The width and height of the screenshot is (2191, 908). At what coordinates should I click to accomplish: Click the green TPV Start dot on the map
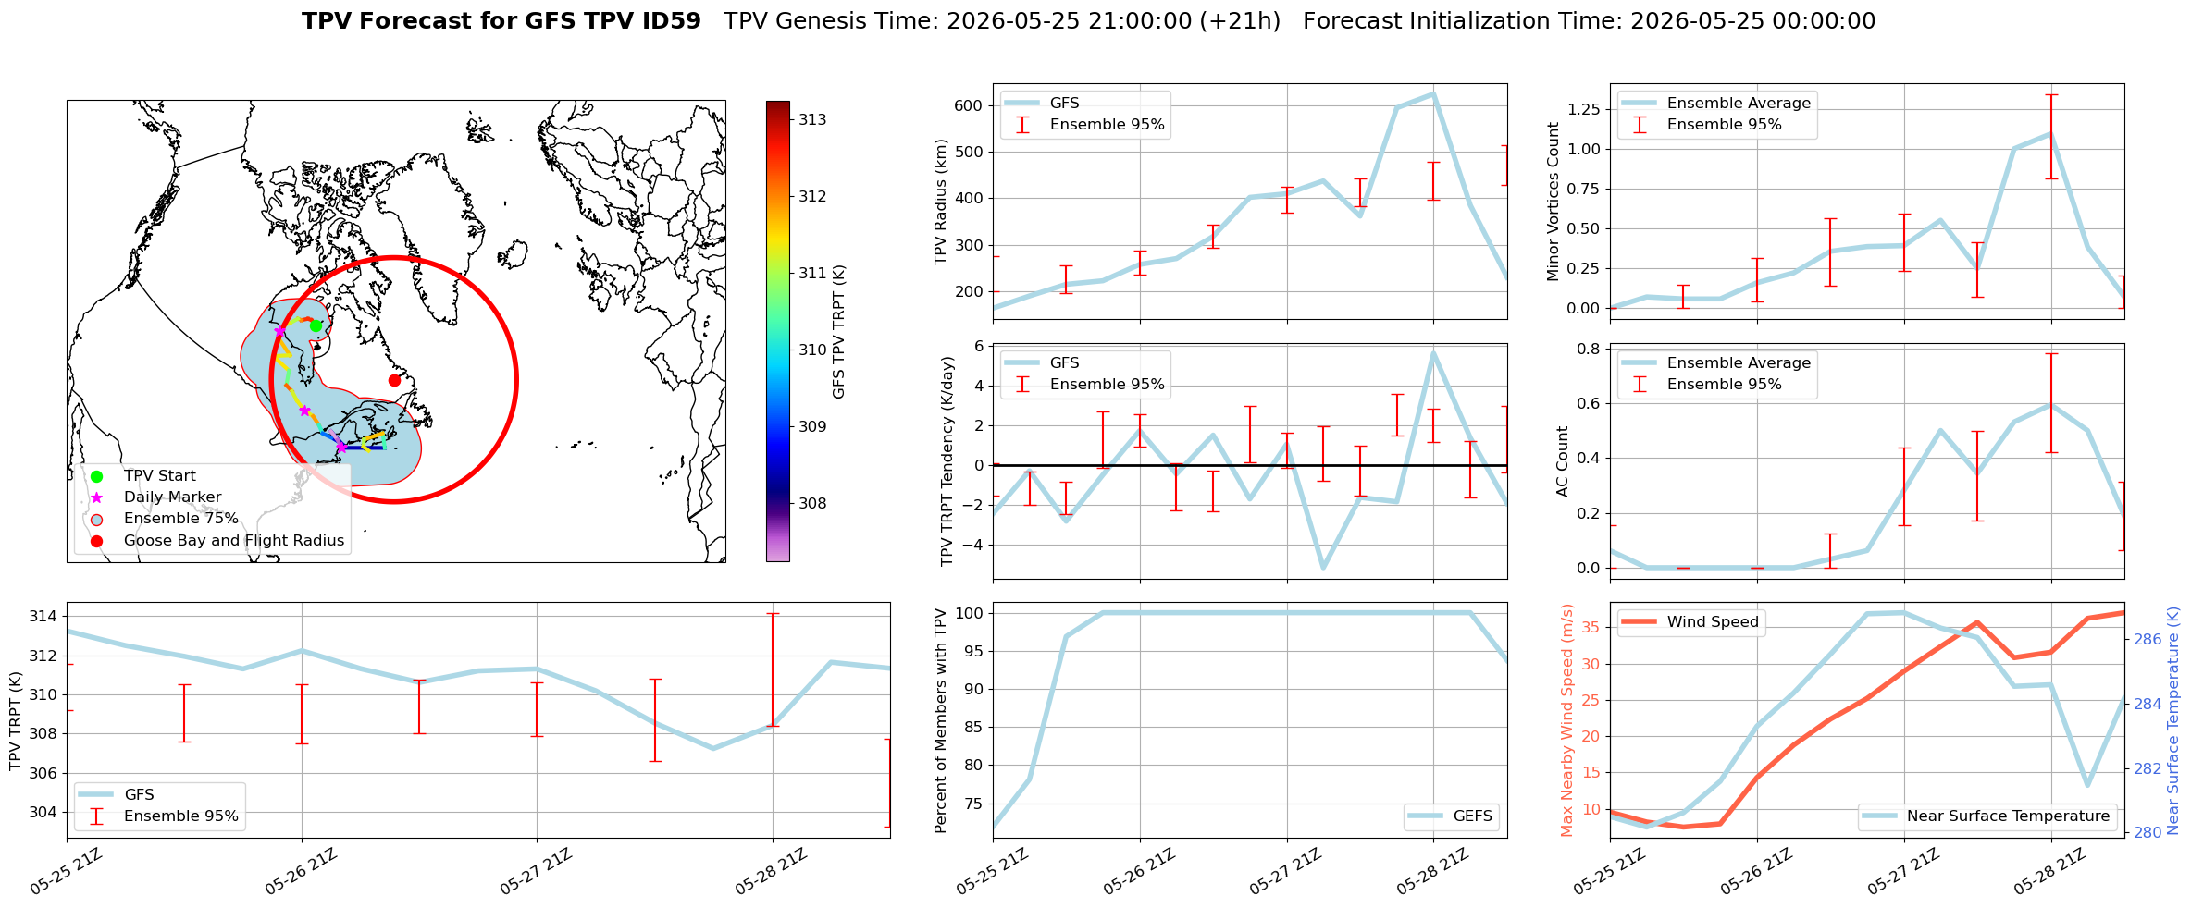[x=316, y=325]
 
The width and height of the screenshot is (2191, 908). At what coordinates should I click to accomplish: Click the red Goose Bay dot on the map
[x=394, y=380]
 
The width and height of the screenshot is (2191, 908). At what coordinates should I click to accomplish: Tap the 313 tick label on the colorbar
[x=813, y=119]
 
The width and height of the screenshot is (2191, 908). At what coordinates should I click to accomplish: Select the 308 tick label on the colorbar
[x=813, y=503]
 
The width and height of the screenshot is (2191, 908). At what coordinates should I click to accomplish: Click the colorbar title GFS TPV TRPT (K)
[x=839, y=331]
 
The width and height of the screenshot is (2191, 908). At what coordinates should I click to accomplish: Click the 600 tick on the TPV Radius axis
[x=966, y=105]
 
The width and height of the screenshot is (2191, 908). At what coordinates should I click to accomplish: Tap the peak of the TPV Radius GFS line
[x=1433, y=93]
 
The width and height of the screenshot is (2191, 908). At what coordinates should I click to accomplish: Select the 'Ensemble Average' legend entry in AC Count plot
[x=1715, y=362]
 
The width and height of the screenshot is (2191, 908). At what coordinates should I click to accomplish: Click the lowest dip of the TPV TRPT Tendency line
[x=1323, y=568]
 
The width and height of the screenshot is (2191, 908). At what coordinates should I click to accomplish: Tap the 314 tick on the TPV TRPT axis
[x=43, y=616]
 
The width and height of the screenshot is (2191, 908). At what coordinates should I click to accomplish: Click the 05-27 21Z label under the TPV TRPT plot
[x=538, y=872]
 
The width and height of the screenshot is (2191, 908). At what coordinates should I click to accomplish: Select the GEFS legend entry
[x=1451, y=816]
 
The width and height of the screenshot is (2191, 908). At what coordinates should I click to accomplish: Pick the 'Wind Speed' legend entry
[x=1690, y=621]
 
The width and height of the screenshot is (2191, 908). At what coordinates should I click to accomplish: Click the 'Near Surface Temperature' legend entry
[x=1987, y=816]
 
